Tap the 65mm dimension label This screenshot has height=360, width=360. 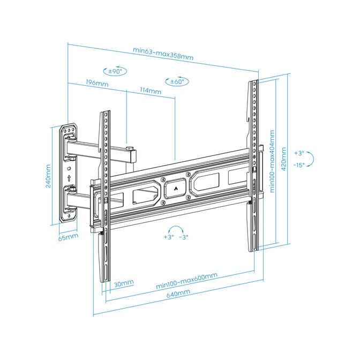pos(68,236)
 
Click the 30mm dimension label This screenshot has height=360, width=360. pos(124,283)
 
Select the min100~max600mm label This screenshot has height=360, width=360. pos(186,280)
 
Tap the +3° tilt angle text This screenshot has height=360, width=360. pos(298,153)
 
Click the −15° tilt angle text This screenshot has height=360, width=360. pos(299,165)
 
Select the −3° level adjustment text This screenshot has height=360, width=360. pos(184,236)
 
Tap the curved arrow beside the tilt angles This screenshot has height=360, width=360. pos(312,159)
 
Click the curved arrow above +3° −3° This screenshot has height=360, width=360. pos(177,227)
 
